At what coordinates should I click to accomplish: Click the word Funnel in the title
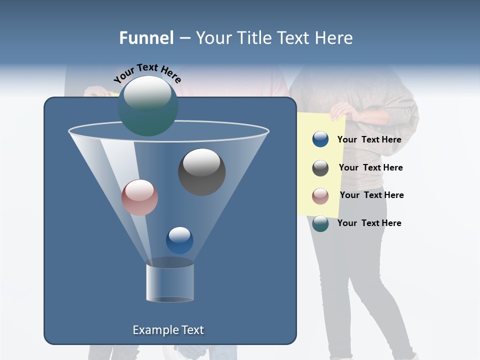146,38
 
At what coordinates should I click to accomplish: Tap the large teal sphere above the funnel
147,105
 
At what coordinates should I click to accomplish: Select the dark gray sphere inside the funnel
201,171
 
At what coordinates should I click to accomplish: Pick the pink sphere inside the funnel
139,197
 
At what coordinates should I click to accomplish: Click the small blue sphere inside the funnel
179,240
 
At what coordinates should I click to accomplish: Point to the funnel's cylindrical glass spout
170,282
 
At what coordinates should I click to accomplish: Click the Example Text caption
168,330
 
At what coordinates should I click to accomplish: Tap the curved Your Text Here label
147,73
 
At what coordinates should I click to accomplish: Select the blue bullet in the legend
320,139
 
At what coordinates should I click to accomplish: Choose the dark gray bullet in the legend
320,168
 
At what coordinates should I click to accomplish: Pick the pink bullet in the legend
320,195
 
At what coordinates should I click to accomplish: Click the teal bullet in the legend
320,223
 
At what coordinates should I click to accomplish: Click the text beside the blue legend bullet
369,139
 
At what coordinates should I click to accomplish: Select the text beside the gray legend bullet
370,167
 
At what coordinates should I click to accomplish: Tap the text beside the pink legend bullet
371,195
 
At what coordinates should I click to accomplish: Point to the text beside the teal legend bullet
369,223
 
